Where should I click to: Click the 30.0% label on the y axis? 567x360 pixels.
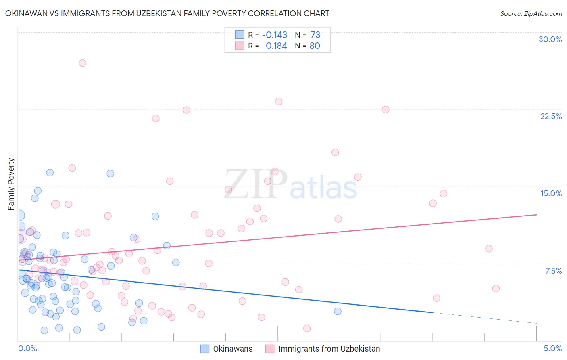(550, 39)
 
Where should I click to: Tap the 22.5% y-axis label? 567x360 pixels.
(551, 116)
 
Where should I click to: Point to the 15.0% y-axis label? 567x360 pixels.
(551, 193)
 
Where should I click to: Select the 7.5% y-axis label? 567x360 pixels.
(553, 271)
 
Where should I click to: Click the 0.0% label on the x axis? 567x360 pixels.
(27, 348)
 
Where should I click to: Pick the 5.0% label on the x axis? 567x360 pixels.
(552, 348)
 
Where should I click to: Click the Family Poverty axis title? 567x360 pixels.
(11, 184)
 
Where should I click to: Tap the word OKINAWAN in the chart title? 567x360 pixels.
(29, 13)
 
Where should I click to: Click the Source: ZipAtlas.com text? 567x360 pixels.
(531, 13)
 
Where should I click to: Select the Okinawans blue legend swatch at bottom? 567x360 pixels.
(205, 349)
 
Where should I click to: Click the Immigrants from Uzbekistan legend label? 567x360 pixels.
(329, 349)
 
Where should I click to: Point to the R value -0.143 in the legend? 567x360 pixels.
(275, 35)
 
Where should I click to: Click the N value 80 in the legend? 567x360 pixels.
(315, 46)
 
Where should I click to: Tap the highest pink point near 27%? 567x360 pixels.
(83, 63)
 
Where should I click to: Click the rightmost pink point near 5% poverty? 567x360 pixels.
(496, 289)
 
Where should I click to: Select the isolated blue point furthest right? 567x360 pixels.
(338, 311)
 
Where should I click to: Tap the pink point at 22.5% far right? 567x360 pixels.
(386, 109)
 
